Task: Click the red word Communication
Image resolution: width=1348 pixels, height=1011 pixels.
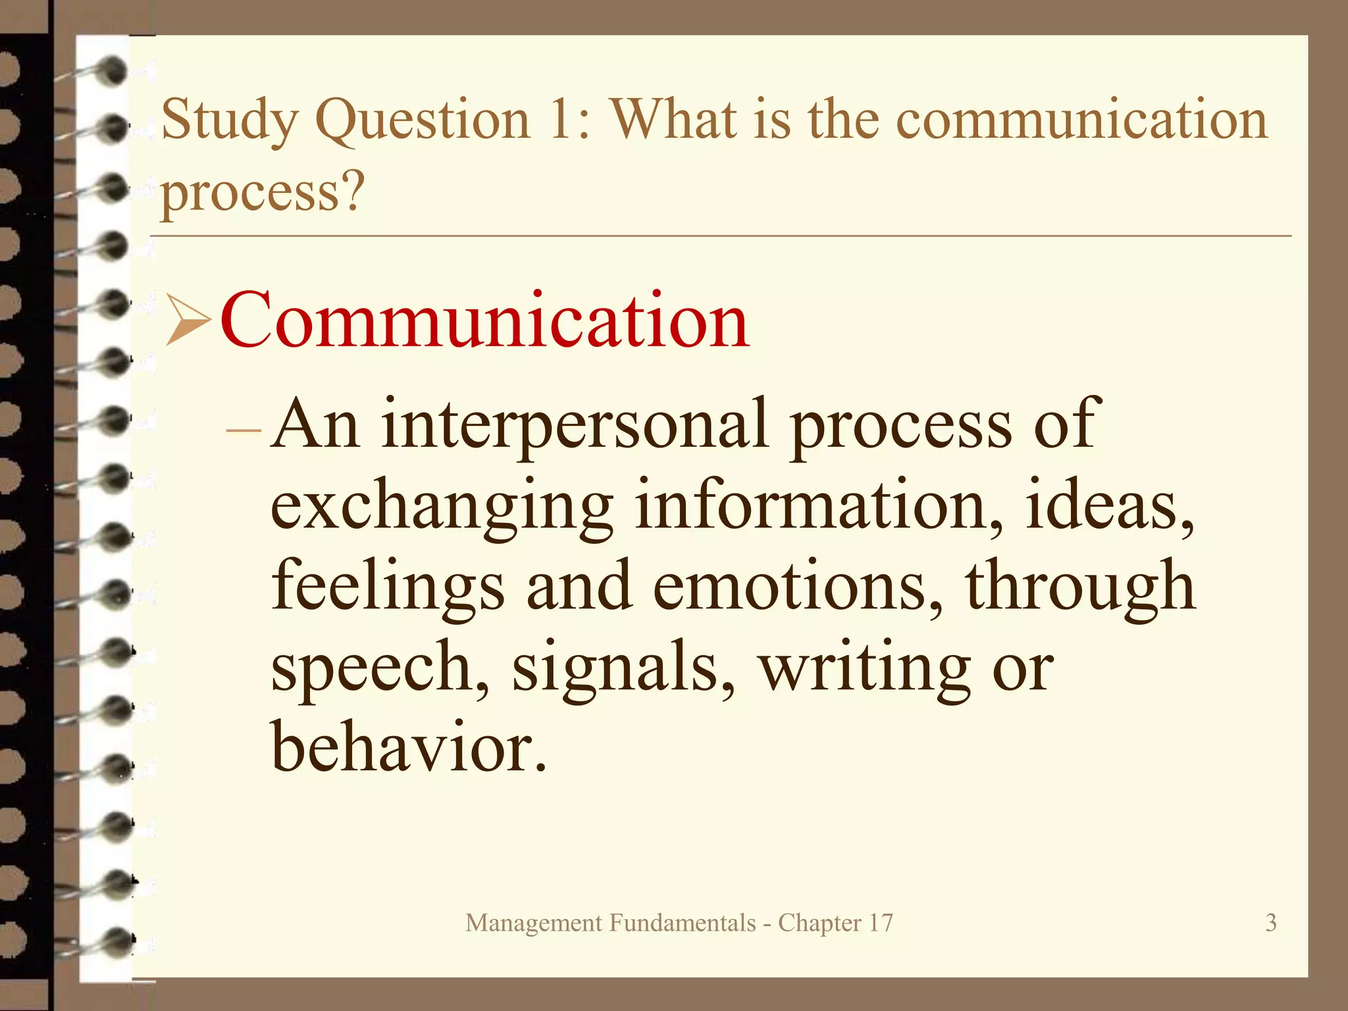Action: pyautogui.click(x=485, y=321)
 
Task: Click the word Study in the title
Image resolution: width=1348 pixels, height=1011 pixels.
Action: pyautogui.click(x=228, y=120)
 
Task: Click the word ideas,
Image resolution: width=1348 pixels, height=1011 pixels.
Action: pyautogui.click(x=1110, y=505)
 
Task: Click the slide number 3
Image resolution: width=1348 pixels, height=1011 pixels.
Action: pyautogui.click(x=1271, y=923)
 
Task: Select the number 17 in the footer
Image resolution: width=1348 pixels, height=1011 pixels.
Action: pyautogui.click(x=881, y=923)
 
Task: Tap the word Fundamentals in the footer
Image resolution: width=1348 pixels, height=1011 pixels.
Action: pyautogui.click(x=683, y=923)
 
